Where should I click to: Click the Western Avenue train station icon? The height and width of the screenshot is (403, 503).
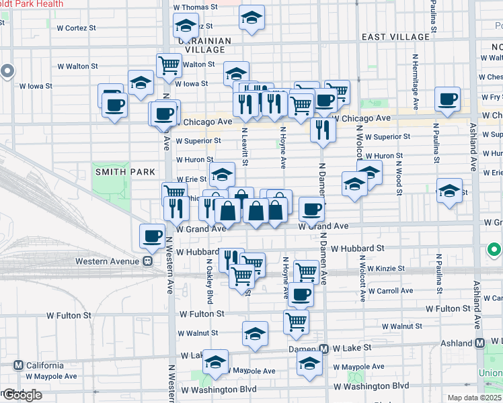tap(146, 261)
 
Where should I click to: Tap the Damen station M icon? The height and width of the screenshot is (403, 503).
tap(324, 349)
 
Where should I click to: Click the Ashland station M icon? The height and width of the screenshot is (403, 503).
tap(480, 343)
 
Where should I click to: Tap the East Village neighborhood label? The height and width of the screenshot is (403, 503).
tap(395, 37)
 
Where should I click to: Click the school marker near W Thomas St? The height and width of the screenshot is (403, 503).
tap(251, 18)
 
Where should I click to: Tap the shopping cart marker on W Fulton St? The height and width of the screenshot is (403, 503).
tap(296, 322)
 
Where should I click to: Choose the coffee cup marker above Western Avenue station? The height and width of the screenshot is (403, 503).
tap(152, 236)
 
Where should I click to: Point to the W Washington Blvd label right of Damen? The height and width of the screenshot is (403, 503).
tap(371, 386)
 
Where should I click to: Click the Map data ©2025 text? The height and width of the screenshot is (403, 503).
tap(475, 398)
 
